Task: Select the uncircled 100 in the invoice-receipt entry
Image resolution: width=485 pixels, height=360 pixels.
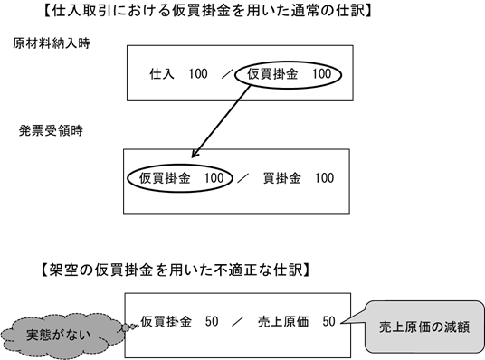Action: [x=324, y=176]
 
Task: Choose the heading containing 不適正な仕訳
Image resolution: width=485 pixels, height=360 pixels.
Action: [x=176, y=268]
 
